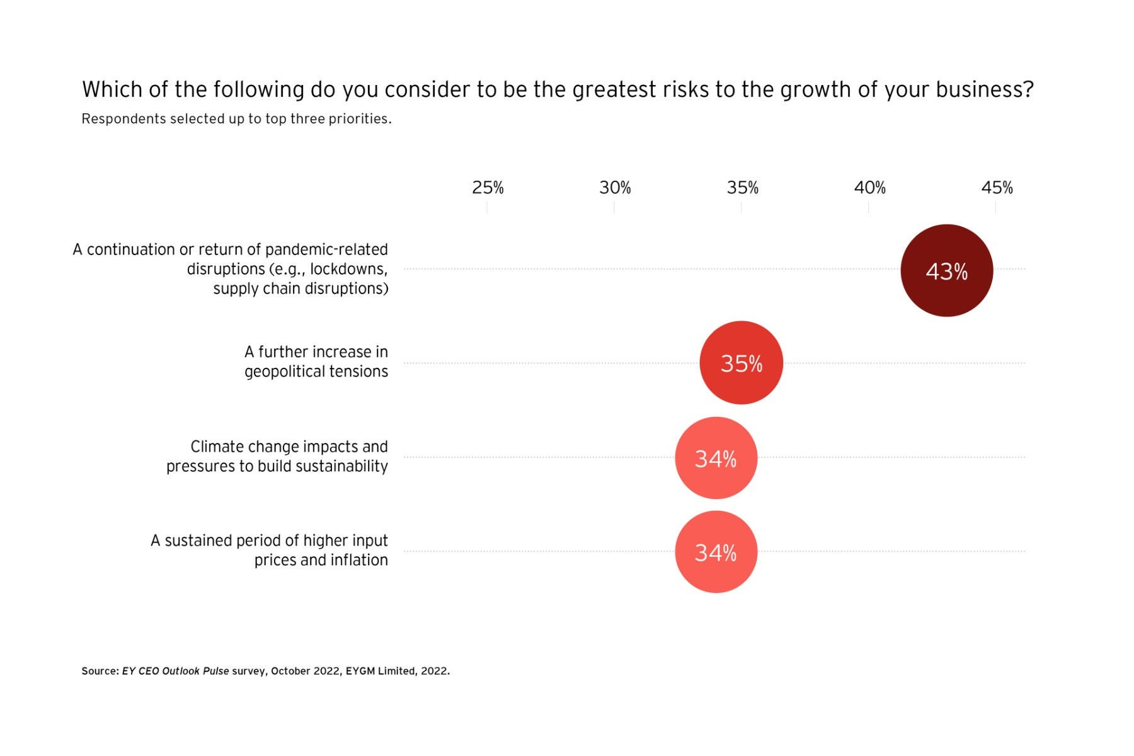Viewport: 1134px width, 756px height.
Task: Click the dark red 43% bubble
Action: tap(946, 270)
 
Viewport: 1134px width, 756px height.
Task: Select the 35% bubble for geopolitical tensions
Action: tap(741, 363)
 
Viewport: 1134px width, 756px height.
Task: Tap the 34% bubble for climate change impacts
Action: tap(716, 458)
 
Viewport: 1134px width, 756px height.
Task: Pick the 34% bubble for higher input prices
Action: tap(716, 552)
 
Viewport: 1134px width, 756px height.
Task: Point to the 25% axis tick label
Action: tap(488, 188)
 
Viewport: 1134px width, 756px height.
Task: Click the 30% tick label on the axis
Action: tap(615, 188)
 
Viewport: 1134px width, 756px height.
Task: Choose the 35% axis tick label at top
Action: tap(742, 188)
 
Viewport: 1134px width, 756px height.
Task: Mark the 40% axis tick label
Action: tap(869, 188)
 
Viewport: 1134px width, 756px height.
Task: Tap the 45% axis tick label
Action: tap(997, 188)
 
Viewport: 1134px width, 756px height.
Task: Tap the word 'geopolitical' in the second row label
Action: tap(280, 372)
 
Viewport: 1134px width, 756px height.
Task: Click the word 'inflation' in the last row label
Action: tap(356, 560)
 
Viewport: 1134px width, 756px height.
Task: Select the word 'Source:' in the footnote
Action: tap(100, 672)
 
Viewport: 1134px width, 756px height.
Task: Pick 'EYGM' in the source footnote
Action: tap(360, 672)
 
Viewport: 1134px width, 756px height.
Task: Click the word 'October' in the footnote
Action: tap(290, 672)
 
